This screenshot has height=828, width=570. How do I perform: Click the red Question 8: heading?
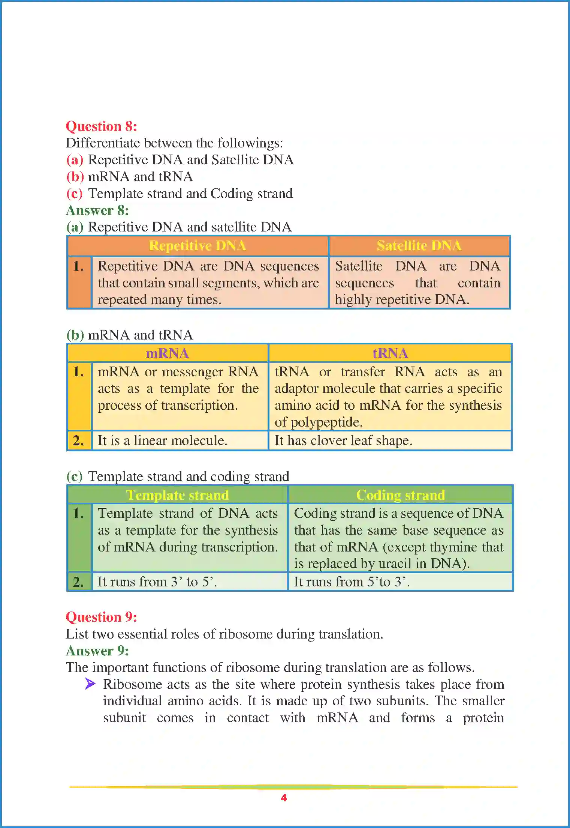pos(101,126)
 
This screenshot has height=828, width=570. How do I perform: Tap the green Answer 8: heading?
pos(97,210)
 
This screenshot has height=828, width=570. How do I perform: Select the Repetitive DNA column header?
pos(197,246)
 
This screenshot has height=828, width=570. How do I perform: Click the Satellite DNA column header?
pos(419,246)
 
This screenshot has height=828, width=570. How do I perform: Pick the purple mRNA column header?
pos(167,353)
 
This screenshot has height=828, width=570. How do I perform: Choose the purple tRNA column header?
pos(390,353)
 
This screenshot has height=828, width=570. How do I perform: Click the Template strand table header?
pos(177,495)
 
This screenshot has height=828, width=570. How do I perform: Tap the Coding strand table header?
pos(400,495)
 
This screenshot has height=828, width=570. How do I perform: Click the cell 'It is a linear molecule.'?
pos(162,440)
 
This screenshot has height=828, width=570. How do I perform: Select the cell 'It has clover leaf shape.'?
pos(343,440)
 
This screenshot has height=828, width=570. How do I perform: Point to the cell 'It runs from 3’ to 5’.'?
pos(157,582)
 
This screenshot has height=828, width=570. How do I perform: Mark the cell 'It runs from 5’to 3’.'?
pos(351,582)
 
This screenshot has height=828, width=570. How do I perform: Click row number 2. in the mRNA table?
pos(79,440)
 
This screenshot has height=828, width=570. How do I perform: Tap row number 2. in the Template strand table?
pos(79,582)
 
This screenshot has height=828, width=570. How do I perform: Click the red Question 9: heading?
pos(101,617)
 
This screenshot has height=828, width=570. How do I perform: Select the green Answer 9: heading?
pos(97,651)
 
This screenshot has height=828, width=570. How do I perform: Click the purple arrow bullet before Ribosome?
pos(90,684)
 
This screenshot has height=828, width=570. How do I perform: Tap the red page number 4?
pos(284,798)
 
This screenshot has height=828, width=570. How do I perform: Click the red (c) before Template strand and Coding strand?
pos(74,194)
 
